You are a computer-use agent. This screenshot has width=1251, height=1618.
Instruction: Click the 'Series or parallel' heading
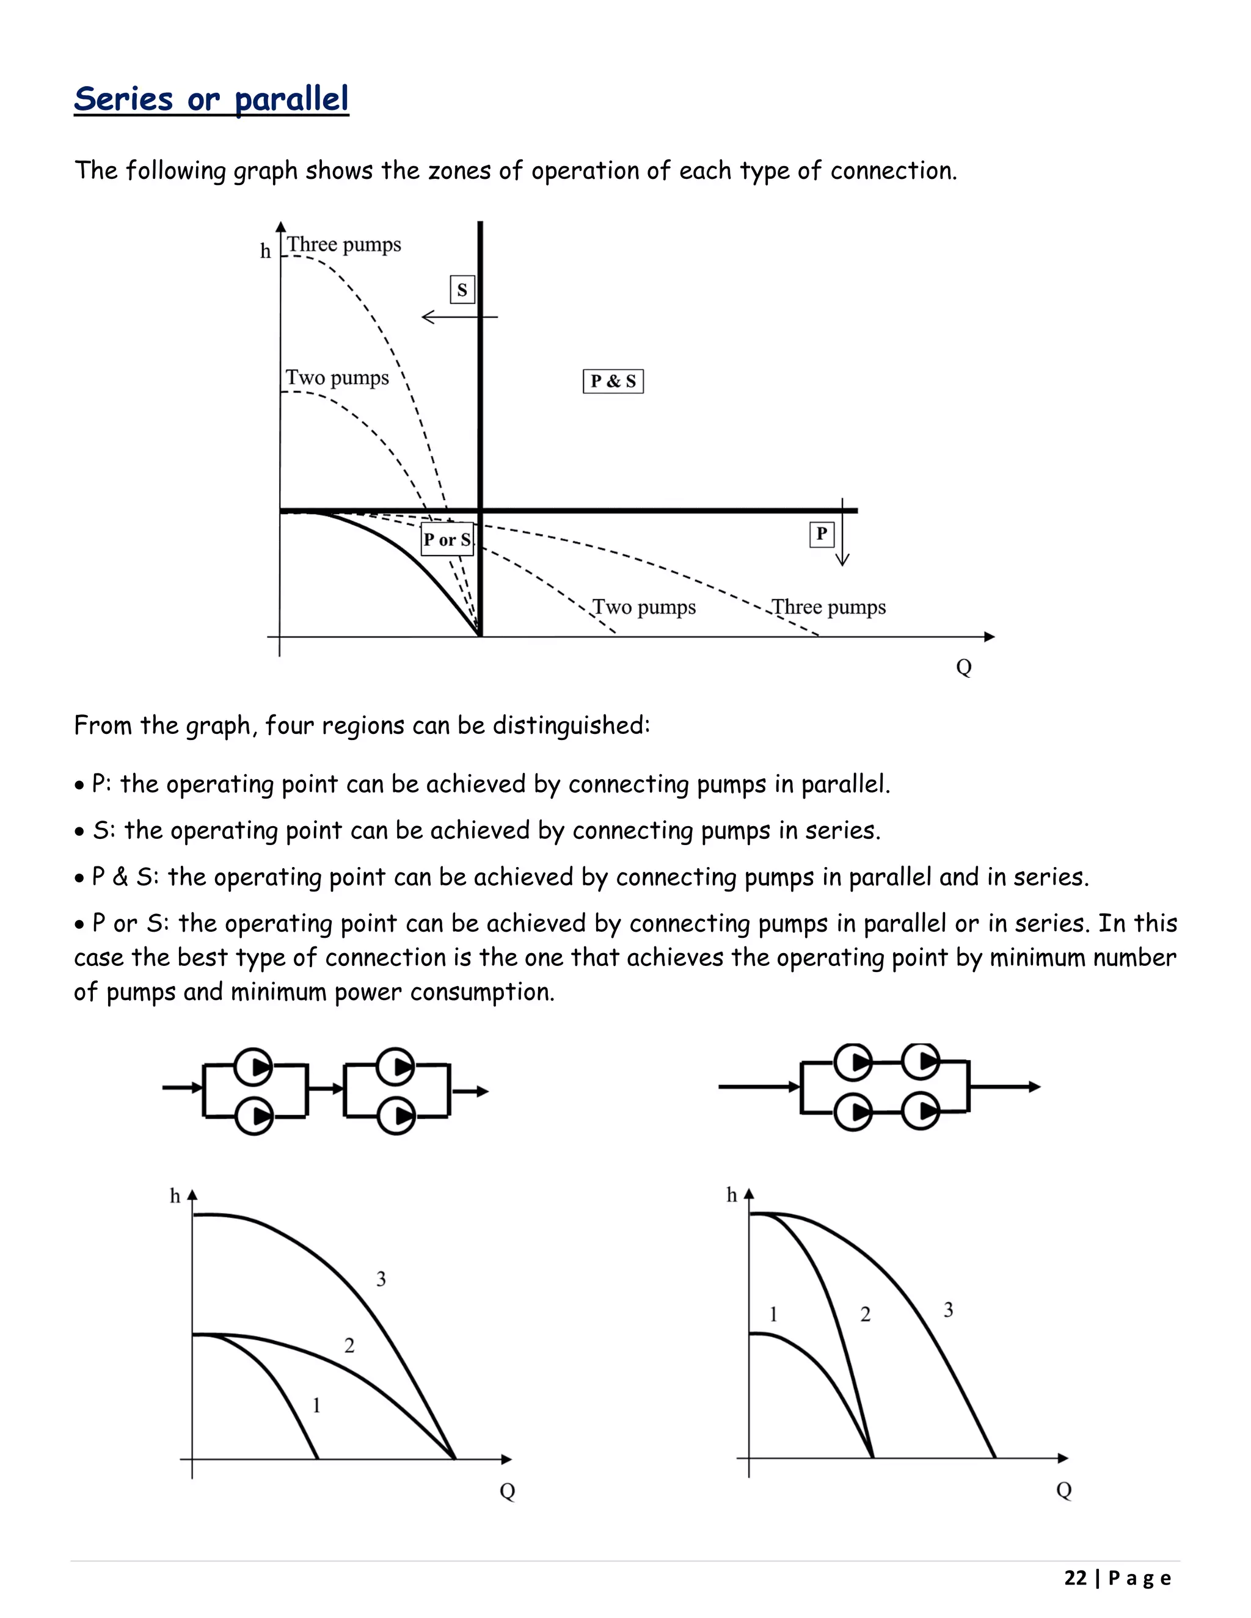(211, 100)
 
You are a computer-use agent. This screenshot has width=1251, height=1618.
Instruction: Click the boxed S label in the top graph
(462, 289)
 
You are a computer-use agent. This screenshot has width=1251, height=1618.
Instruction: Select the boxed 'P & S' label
(613, 382)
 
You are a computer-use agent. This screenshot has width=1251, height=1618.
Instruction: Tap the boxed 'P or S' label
(447, 539)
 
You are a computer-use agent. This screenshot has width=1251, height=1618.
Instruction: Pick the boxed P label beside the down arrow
(821, 534)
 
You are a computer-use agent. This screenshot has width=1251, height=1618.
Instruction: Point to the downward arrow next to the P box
(842, 534)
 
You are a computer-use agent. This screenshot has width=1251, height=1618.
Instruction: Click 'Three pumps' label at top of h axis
(344, 244)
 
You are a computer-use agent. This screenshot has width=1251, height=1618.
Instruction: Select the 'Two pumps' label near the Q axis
(644, 608)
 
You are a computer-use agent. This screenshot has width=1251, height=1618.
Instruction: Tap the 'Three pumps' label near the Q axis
(828, 608)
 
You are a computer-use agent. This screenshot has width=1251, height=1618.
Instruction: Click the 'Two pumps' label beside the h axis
(337, 378)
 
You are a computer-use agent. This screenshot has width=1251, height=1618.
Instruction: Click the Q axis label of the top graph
(963, 667)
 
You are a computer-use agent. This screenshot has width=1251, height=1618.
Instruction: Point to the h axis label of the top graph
(265, 251)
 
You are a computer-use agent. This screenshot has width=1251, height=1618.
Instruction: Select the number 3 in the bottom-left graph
(381, 1279)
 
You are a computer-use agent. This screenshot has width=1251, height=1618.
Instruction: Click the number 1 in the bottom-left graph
(316, 1405)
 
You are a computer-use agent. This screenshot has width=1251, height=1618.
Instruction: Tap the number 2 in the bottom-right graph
(865, 1315)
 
